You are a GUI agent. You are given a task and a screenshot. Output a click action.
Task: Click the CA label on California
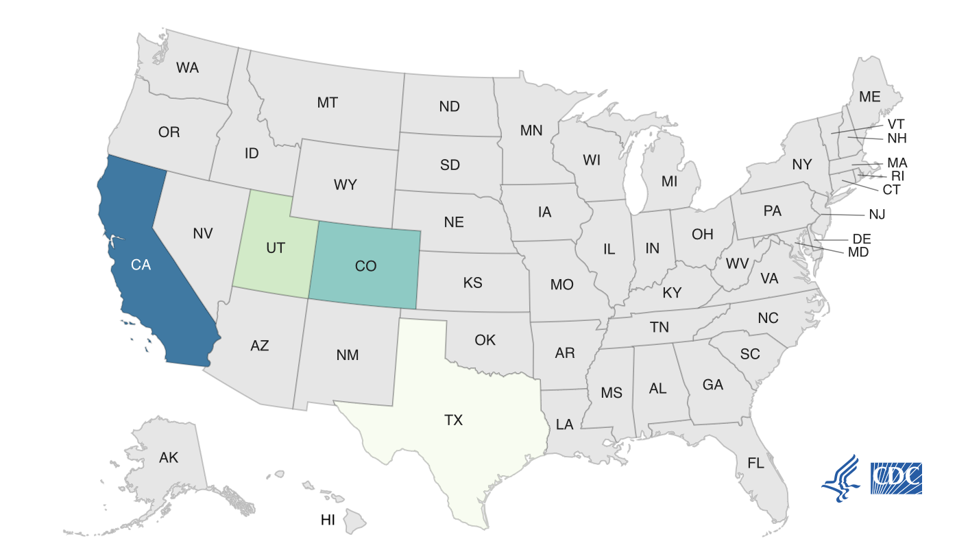(141, 265)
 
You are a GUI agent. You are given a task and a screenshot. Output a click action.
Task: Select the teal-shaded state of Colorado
(365, 266)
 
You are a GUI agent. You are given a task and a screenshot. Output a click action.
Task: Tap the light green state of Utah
(275, 248)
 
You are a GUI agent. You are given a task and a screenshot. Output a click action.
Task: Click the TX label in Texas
(453, 420)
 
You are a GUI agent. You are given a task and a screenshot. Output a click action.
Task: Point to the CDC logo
(896, 478)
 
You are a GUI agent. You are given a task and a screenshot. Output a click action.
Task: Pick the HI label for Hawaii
(328, 520)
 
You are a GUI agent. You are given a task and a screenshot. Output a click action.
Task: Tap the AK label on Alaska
(169, 457)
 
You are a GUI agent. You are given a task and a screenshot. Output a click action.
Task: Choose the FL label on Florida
(755, 464)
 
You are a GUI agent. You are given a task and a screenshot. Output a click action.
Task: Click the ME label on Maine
(869, 97)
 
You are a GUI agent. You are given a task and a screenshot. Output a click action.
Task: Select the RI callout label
(898, 176)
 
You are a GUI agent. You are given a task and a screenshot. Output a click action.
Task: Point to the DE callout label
(862, 239)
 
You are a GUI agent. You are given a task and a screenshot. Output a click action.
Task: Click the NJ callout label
(877, 215)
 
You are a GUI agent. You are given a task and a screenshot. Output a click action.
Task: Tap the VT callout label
(896, 125)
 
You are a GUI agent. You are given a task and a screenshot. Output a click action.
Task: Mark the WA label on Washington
(187, 68)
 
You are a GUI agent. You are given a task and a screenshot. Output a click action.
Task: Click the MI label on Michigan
(669, 182)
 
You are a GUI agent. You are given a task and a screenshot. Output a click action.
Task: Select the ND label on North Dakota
(449, 107)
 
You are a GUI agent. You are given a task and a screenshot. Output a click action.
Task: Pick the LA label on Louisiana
(564, 425)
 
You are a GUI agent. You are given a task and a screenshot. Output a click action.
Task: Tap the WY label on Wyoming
(346, 185)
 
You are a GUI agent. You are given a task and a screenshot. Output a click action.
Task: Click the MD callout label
(858, 252)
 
